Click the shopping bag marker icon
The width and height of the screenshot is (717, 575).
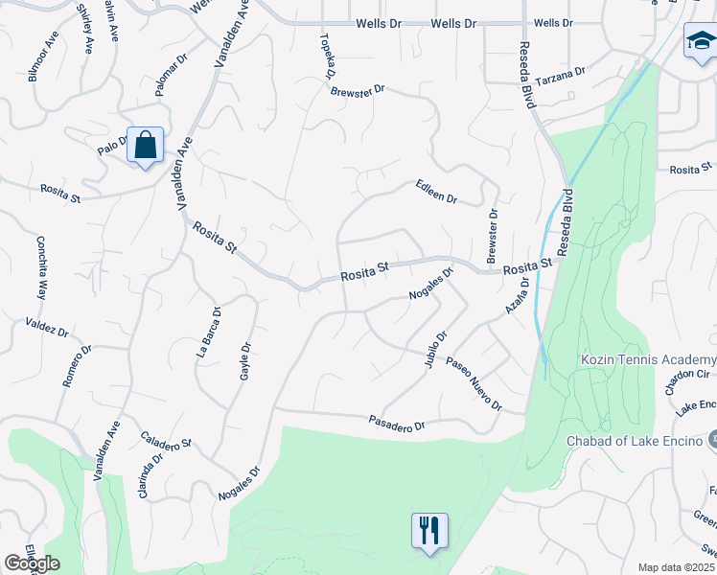coord(145,146)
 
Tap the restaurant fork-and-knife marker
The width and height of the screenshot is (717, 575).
coord(428,531)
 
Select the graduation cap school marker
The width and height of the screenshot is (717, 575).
coord(700,43)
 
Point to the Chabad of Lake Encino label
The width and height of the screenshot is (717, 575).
coord(635,440)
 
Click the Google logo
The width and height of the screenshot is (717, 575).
coord(32,563)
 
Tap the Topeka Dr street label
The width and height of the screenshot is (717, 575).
coord(327,57)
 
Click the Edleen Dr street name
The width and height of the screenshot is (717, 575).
coord(436,192)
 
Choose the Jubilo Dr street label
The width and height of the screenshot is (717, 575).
coord(432,351)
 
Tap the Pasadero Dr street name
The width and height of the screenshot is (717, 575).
coord(397,422)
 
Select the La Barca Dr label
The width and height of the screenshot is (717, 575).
coord(210,332)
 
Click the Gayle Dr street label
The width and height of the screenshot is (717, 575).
coord(245,360)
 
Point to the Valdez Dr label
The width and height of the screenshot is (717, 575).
coord(48,327)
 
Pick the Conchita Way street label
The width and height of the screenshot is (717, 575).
coord(41,267)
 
